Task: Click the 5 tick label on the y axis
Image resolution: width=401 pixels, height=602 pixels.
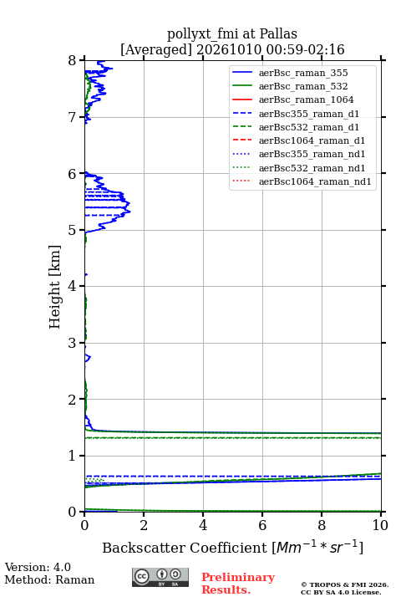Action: [72, 230]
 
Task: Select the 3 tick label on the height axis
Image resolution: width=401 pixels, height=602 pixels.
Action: [72, 343]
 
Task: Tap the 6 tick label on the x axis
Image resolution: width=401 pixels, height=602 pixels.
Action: [262, 525]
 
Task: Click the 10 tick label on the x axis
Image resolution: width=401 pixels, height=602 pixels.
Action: [380, 525]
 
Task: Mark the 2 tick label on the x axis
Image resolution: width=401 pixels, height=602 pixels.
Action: [144, 525]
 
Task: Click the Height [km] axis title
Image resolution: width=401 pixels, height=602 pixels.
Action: [55, 287]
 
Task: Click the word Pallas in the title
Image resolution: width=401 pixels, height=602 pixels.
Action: [278, 33]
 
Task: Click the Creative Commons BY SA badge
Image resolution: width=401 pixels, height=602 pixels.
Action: [160, 577]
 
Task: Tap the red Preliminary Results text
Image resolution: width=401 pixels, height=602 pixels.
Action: [238, 584]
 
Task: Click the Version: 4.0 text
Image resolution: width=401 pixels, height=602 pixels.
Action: [38, 567]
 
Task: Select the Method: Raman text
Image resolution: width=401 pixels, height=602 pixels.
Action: [49, 579]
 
